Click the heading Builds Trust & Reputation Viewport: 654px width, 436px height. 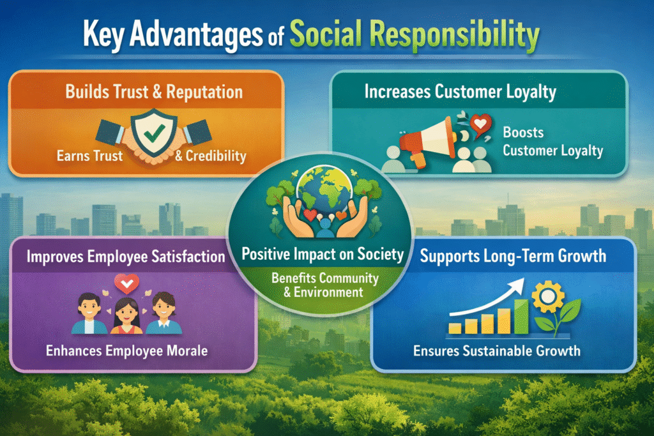(154, 92)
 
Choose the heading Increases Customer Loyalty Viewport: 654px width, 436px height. (460, 91)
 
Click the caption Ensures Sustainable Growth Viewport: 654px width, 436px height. (497, 350)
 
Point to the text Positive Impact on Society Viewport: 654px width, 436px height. (323, 254)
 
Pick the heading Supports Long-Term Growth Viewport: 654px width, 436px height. (505, 258)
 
